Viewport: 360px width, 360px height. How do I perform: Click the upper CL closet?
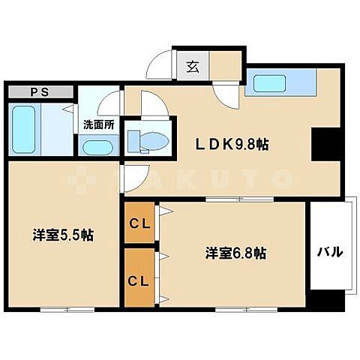click(x=139, y=222)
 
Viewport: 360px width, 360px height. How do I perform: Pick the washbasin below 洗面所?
click(x=97, y=145)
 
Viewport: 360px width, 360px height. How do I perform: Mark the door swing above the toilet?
click(x=154, y=104)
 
